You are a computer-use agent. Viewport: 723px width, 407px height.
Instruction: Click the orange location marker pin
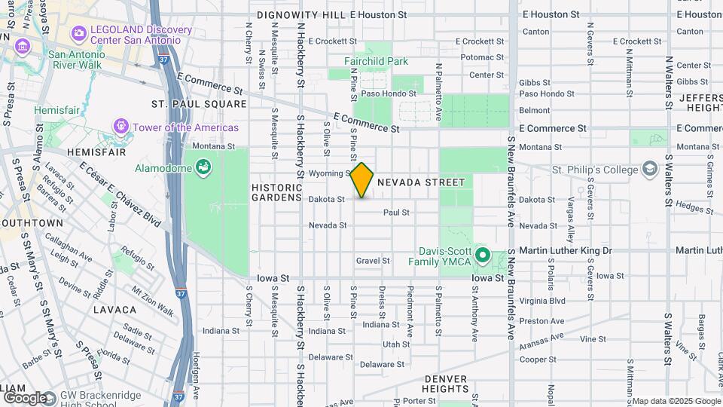click(361, 180)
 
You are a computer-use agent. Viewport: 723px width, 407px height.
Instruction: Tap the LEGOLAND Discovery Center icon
click(78, 33)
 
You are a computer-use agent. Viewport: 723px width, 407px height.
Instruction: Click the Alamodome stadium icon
click(202, 167)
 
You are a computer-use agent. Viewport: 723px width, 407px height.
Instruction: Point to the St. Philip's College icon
click(648, 170)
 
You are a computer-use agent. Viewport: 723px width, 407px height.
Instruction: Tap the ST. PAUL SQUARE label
click(188, 103)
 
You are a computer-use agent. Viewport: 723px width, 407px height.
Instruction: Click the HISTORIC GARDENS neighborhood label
click(276, 191)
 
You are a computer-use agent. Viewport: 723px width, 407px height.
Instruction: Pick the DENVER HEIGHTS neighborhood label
click(446, 383)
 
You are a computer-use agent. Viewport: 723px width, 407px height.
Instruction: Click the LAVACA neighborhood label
click(115, 309)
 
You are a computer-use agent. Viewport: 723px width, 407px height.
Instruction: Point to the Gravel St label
click(373, 261)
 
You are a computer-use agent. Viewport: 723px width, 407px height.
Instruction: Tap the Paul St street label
click(396, 213)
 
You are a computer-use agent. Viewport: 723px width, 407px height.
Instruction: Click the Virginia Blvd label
click(548, 300)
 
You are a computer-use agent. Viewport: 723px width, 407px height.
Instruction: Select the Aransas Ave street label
click(541, 342)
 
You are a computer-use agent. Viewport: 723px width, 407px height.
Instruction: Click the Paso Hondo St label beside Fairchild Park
click(389, 93)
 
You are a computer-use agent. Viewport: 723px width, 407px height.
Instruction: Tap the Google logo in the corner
click(26, 397)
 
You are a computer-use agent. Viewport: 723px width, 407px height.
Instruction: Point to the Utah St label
click(395, 344)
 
